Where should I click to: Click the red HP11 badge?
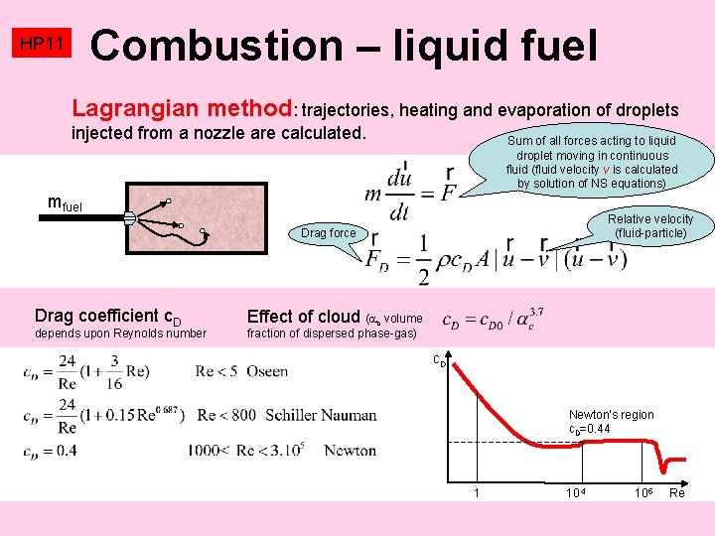(x=42, y=45)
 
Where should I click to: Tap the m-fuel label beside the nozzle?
(x=66, y=205)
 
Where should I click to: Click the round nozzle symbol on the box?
(x=130, y=220)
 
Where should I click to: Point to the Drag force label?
(x=328, y=233)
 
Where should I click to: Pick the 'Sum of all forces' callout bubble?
(x=591, y=162)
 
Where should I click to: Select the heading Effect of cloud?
(x=303, y=316)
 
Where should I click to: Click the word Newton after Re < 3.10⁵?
(x=350, y=451)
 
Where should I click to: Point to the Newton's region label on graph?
(x=611, y=415)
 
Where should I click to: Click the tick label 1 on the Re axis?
(x=478, y=493)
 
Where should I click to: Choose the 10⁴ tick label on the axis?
(x=575, y=493)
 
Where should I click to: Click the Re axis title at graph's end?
(x=677, y=493)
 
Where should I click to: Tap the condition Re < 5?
(x=217, y=371)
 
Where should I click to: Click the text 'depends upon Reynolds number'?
(x=120, y=334)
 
